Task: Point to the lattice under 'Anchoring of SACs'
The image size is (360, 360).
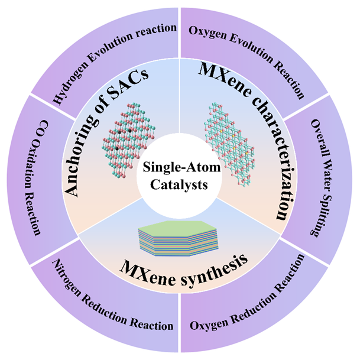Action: (x=132, y=135)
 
